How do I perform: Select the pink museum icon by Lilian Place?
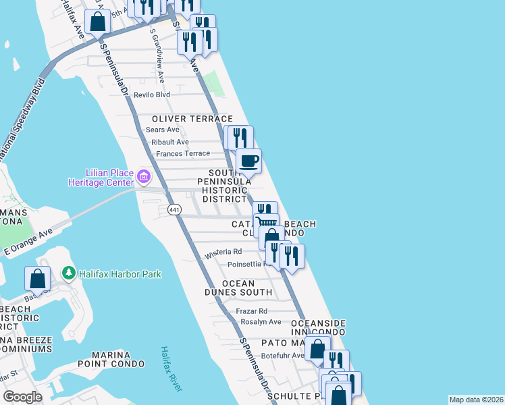click(x=143, y=178)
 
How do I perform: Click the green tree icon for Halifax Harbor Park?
click(x=68, y=273)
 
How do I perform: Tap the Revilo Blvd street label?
click(x=152, y=95)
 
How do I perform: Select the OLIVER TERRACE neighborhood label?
click(x=182, y=118)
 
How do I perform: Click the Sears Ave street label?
click(x=163, y=130)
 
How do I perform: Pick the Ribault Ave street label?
click(x=170, y=142)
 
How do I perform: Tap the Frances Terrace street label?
click(x=182, y=154)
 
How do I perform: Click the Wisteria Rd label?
click(x=223, y=251)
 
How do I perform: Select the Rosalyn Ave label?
click(x=261, y=322)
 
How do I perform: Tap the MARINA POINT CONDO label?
click(x=111, y=359)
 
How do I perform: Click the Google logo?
click(x=22, y=397)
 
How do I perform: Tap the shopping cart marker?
click(x=267, y=223)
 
